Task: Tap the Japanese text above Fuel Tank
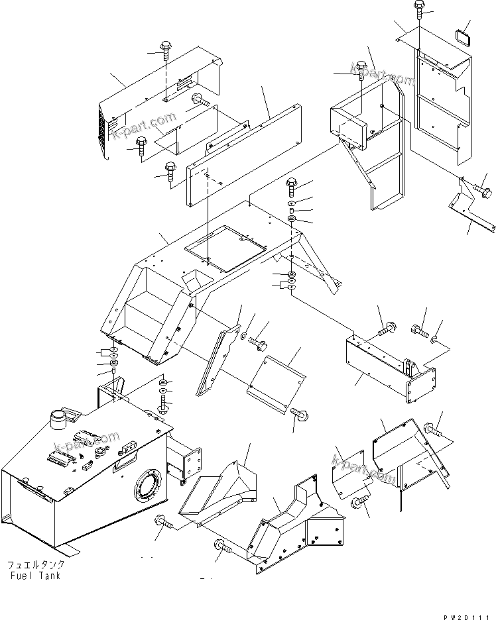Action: [36, 565]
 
